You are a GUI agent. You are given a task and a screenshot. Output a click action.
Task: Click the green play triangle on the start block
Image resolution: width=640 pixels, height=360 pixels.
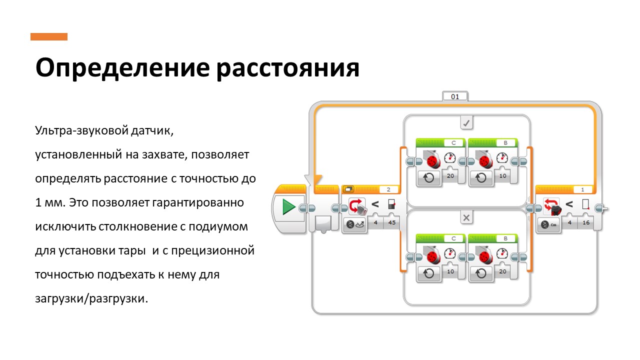click(x=288, y=206)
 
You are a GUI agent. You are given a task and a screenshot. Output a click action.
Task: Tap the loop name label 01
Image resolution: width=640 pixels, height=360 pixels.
click(x=454, y=96)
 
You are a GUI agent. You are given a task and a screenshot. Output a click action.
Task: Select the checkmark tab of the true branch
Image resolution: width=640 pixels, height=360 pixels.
click(x=466, y=122)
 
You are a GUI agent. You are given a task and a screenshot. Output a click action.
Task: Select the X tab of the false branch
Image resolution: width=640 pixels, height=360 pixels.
click(x=466, y=217)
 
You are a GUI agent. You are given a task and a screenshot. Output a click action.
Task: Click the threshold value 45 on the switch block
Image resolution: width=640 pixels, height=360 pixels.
click(x=391, y=223)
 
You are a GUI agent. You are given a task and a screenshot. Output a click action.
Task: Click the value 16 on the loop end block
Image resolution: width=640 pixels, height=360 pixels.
click(x=585, y=223)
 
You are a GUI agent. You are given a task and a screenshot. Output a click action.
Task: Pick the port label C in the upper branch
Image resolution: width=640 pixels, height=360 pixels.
click(x=454, y=143)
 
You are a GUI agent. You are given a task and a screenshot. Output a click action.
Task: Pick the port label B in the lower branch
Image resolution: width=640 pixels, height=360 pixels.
click(x=506, y=238)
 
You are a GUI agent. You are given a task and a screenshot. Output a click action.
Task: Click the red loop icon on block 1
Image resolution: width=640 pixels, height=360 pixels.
click(x=551, y=205)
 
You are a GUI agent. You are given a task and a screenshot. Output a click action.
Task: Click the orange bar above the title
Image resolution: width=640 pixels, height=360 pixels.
click(x=48, y=36)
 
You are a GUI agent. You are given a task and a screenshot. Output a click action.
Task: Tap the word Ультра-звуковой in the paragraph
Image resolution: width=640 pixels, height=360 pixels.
click(x=74, y=131)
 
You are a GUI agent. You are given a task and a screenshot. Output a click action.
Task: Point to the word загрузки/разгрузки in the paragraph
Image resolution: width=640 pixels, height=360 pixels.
click(x=91, y=299)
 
